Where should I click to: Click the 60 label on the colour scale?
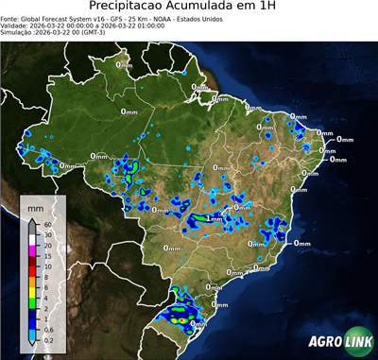click(x=45, y=223)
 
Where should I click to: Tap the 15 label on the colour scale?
click(x=45, y=256)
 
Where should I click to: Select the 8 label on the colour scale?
click(x=44, y=277)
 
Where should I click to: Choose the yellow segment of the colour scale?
click(x=33, y=292)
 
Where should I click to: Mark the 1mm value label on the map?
click(x=215, y=218)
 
